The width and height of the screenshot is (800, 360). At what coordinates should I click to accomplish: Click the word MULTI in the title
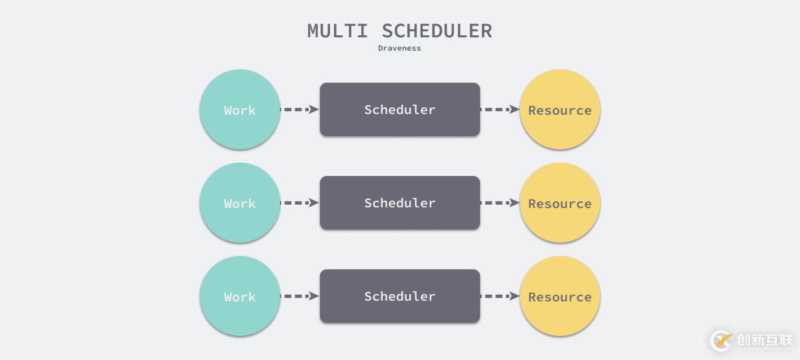pyautogui.click(x=337, y=31)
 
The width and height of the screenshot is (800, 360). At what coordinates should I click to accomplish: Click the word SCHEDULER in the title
pyautogui.click(x=437, y=31)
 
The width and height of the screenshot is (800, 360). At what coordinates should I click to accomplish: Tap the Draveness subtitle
pyautogui.click(x=399, y=48)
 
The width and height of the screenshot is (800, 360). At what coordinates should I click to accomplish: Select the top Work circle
pyautogui.click(x=239, y=109)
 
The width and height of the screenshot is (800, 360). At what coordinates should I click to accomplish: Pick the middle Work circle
pyautogui.click(x=239, y=203)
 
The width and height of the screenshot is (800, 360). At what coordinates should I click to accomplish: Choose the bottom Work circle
pyautogui.click(x=239, y=296)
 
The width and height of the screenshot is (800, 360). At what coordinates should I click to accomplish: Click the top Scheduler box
pyautogui.click(x=399, y=109)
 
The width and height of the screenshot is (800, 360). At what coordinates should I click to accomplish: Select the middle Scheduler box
pyautogui.click(x=399, y=203)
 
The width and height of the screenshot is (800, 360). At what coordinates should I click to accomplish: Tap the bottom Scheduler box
pyautogui.click(x=399, y=296)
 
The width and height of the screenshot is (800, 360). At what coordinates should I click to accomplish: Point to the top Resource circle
pyautogui.click(x=560, y=109)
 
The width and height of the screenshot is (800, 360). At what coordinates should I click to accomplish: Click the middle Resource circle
pyautogui.click(x=560, y=203)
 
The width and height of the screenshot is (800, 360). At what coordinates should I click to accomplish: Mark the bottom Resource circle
pyautogui.click(x=560, y=296)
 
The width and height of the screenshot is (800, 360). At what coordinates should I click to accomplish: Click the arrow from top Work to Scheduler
pyautogui.click(x=299, y=109)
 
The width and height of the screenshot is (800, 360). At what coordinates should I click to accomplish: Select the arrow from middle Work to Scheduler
pyautogui.click(x=299, y=203)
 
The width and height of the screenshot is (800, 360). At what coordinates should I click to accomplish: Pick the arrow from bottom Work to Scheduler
pyautogui.click(x=299, y=296)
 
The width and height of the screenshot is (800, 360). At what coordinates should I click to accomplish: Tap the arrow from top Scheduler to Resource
pyautogui.click(x=500, y=109)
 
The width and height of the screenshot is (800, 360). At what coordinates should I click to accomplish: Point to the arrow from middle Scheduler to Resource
pyautogui.click(x=500, y=203)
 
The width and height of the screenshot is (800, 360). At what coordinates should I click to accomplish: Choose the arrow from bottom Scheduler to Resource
pyautogui.click(x=500, y=296)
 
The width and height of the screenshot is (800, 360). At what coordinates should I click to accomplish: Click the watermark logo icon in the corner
pyautogui.click(x=721, y=341)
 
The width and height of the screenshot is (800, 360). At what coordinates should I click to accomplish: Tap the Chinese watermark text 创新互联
pyautogui.click(x=765, y=340)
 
